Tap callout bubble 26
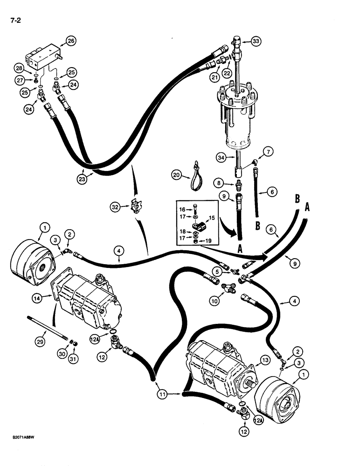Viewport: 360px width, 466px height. [70, 41]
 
